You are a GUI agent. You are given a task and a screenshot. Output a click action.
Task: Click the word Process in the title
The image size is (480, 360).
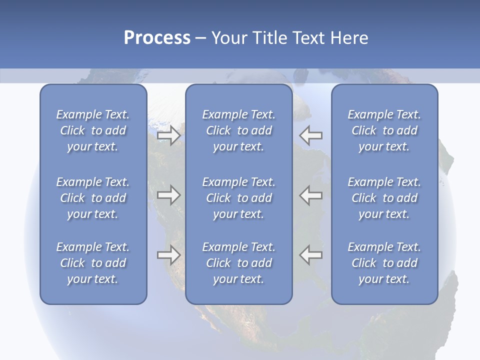click(x=157, y=38)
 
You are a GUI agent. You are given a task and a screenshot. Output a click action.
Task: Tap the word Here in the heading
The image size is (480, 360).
click(x=349, y=38)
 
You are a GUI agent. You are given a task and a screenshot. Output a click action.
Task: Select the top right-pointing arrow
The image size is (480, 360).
click(x=168, y=135)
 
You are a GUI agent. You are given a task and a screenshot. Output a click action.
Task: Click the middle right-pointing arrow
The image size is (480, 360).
click(x=168, y=195)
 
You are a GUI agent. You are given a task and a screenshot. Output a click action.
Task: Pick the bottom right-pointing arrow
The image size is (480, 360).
click(x=168, y=254)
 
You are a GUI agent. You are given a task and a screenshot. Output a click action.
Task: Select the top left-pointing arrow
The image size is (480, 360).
click(x=311, y=135)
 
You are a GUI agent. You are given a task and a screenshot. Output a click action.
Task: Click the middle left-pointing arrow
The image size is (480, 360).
click(x=311, y=195)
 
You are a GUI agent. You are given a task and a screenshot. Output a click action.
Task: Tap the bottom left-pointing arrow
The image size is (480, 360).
click(x=311, y=254)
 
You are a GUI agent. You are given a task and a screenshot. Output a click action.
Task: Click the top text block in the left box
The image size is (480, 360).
click(x=93, y=130)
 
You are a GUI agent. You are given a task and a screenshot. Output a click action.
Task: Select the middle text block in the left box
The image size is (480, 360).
click(x=93, y=198)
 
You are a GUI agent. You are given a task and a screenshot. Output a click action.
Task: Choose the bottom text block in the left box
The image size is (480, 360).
click(x=93, y=263)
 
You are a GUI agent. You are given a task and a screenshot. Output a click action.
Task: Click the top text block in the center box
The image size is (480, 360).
click(x=238, y=130)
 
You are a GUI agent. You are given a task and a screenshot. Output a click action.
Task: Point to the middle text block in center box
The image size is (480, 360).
click(x=238, y=198)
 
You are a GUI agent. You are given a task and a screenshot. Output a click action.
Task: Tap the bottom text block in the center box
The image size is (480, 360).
click(x=238, y=263)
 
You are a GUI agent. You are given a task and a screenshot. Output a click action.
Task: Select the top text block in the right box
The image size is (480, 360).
click(x=384, y=130)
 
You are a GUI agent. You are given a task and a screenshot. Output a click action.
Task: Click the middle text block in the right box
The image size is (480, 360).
click(x=384, y=198)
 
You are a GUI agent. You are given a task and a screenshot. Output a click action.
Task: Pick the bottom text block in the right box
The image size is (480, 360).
click(x=384, y=263)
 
